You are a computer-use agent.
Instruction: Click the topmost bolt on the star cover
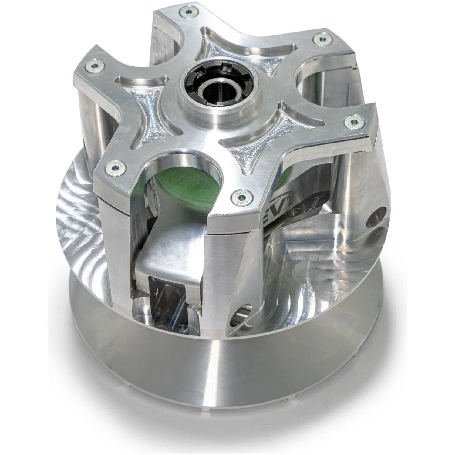[x=187, y=12]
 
